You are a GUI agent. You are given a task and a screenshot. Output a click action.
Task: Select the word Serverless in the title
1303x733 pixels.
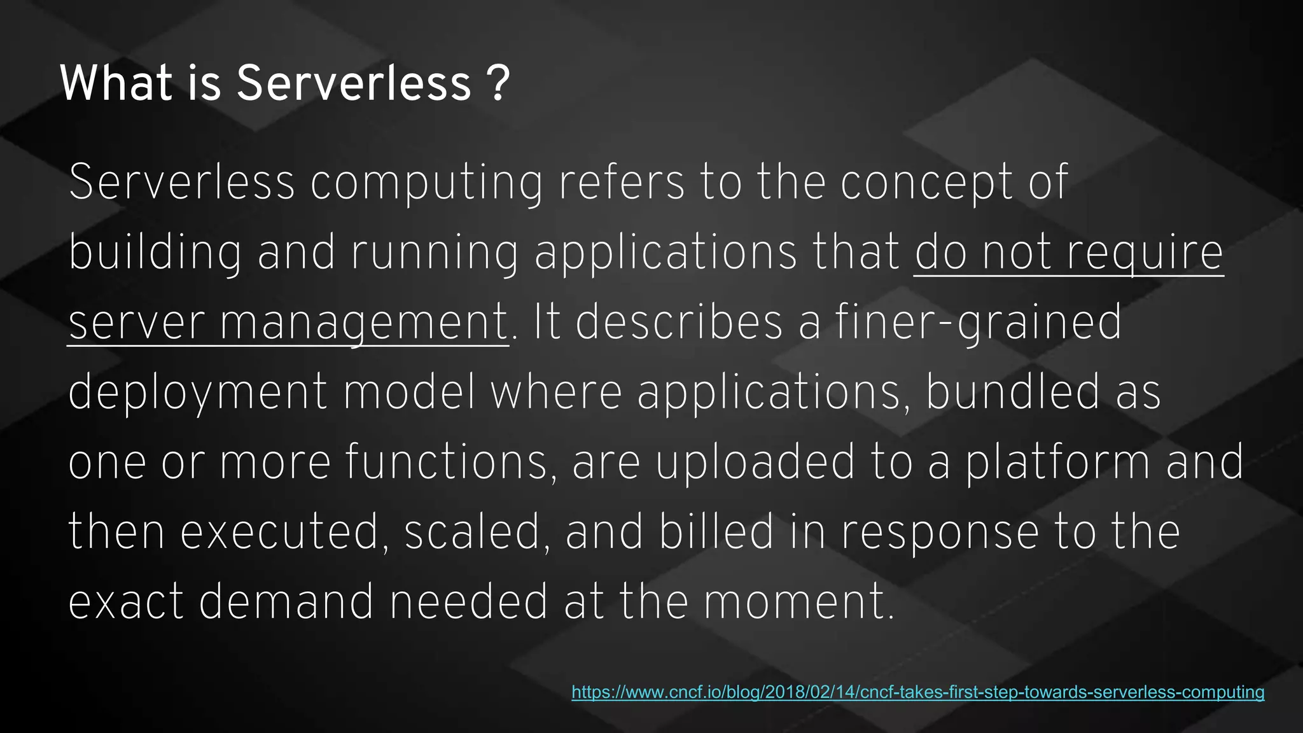[x=354, y=84]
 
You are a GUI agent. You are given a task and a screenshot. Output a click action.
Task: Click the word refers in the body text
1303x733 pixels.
[x=622, y=183]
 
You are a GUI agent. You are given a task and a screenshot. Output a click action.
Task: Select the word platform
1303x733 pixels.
[x=1057, y=463]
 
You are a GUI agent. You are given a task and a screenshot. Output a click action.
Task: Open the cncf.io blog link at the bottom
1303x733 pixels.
[x=917, y=692]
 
